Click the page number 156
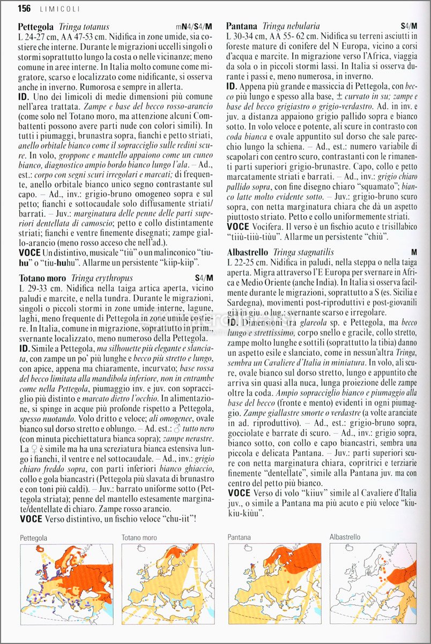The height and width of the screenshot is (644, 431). (24, 8)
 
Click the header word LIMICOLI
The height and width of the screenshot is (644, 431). (60, 9)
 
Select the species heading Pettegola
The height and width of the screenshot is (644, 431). (35, 26)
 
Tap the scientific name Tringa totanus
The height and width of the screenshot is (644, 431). (84, 26)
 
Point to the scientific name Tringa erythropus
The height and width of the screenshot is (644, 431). (101, 279)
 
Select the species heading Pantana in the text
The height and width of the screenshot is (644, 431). (242, 26)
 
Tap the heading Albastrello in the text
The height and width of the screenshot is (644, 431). (248, 252)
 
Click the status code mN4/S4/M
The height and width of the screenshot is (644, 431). (194, 26)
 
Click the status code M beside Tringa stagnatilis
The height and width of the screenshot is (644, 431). (414, 252)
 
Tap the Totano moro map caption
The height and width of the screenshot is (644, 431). (139, 537)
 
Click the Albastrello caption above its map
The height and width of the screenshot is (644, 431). (345, 537)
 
